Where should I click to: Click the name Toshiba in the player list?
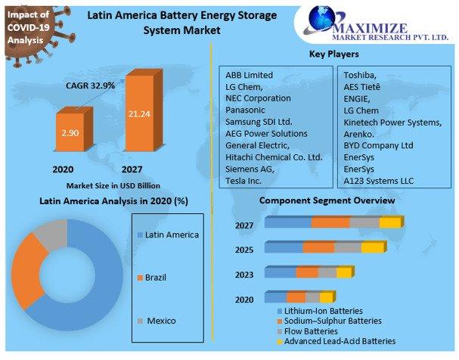coord(361,76)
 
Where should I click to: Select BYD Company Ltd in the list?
coord(378,145)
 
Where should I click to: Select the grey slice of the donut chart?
coord(51,233)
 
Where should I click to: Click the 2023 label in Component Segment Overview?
coord(244,274)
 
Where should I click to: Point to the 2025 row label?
coord(244,250)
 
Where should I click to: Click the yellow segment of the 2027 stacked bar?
coord(389,222)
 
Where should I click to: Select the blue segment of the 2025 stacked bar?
coord(283,248)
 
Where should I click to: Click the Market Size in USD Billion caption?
coord(113,185)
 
